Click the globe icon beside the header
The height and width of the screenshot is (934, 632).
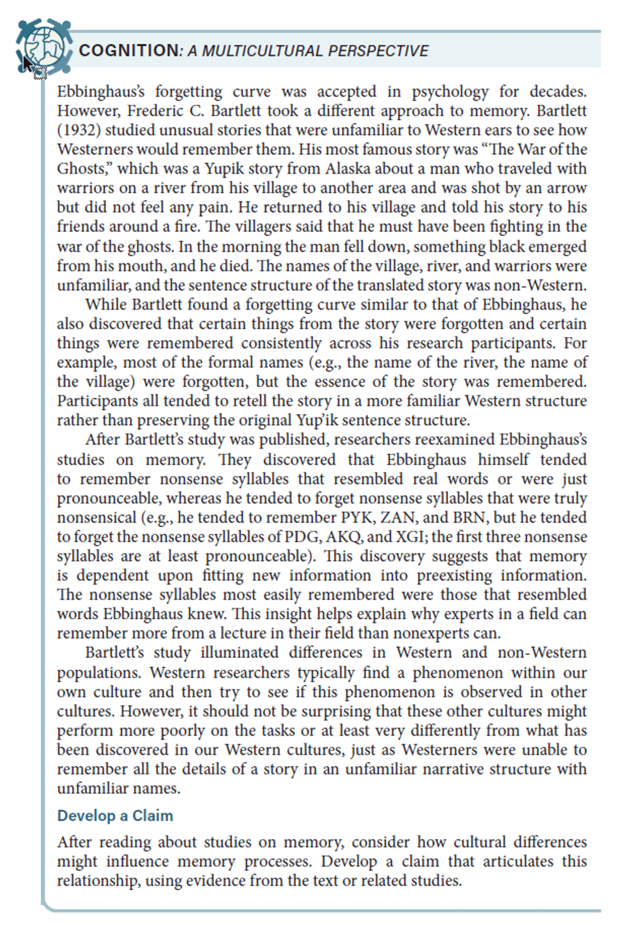[43, 47]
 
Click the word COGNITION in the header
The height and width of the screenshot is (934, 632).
[129, 51]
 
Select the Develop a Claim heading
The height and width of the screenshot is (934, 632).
[115, 816]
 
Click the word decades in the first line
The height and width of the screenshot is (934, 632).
[558, 92]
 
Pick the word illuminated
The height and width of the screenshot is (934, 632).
[239, 652]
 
